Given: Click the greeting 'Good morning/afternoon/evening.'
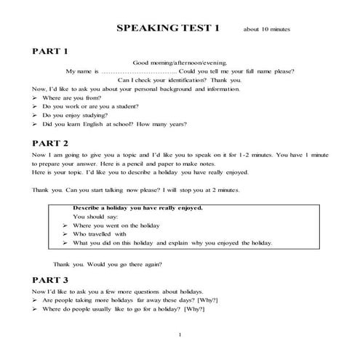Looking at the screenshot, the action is tap(180, 63).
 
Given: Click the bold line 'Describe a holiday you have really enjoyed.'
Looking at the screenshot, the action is tap(137, 208).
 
